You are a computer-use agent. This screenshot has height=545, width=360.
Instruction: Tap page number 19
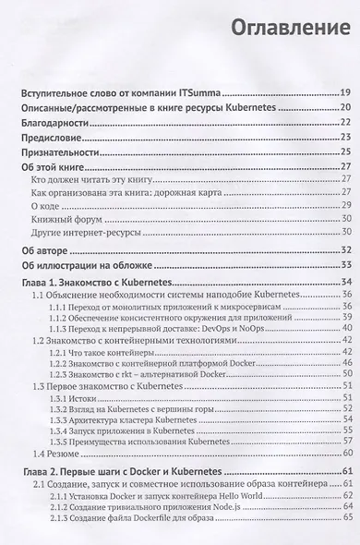tap(344, 94)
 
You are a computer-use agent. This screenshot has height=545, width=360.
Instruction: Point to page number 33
tap(344, 265)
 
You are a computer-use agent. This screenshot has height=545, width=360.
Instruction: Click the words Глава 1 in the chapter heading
tap(42, 282)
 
